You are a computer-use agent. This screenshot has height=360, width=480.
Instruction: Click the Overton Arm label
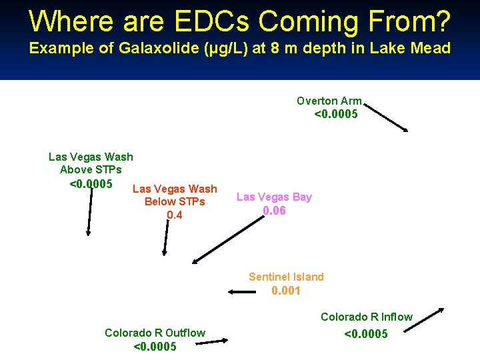[329, 101]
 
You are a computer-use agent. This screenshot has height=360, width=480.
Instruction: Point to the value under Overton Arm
[336, 114]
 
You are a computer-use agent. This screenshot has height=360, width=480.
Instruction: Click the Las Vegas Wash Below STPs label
[175, 195]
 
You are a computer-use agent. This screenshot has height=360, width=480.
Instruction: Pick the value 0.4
[175, 215]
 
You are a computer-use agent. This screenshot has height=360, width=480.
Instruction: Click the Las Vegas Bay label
[274, 197]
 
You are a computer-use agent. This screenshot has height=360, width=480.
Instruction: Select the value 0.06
[274, 211]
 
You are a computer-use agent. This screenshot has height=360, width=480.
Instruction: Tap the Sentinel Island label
[286, 277]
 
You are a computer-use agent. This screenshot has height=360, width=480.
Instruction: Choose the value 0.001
[286, 291]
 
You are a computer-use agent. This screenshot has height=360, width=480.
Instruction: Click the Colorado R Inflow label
[367, 317]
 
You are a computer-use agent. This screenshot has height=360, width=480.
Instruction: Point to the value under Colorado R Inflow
[365, 334]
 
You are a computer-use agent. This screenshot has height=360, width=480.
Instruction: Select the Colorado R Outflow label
[155, 333]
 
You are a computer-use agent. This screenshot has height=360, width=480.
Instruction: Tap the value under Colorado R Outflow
[155, 347]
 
